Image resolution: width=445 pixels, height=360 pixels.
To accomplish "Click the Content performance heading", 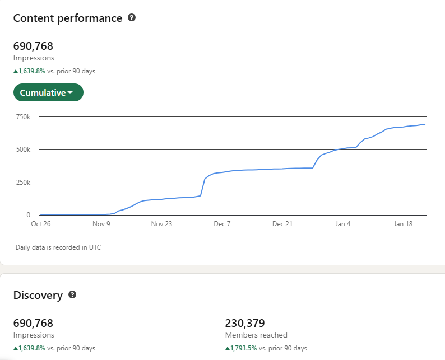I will [68, 18].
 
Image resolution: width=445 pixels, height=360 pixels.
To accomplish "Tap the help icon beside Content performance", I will [132, 17].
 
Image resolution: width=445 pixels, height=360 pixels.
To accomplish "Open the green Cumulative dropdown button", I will [48, 93].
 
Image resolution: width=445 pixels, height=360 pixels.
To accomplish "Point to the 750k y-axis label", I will [23, 117].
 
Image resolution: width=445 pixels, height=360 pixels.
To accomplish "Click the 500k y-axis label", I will [23, 149].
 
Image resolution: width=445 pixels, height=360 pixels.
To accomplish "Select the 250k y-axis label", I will [23, 183].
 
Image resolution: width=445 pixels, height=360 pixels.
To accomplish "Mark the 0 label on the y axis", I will [28, 215].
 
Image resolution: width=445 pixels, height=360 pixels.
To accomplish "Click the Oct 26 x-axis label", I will [40, 224].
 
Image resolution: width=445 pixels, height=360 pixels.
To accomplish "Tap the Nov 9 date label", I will [101, 224].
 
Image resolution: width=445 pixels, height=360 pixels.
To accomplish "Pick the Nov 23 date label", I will [161, 224].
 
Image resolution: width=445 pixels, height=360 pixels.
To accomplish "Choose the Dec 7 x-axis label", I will [222, 224].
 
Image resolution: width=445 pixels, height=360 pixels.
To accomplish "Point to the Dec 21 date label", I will [282, 224].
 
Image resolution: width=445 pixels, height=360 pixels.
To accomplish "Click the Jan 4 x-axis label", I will [343, 224].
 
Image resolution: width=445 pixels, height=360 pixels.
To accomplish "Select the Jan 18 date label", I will [403, 224].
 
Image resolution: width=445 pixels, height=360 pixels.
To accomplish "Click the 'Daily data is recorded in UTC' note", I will [58, 247].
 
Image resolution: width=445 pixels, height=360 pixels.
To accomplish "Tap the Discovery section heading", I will [38, 295].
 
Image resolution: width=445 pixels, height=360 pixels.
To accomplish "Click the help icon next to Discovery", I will [72, 294].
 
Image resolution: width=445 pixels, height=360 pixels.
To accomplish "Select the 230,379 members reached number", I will [245, 323].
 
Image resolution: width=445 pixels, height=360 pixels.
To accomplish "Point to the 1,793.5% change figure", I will [242, 348].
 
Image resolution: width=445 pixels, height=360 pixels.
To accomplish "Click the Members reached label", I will [256, 335].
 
